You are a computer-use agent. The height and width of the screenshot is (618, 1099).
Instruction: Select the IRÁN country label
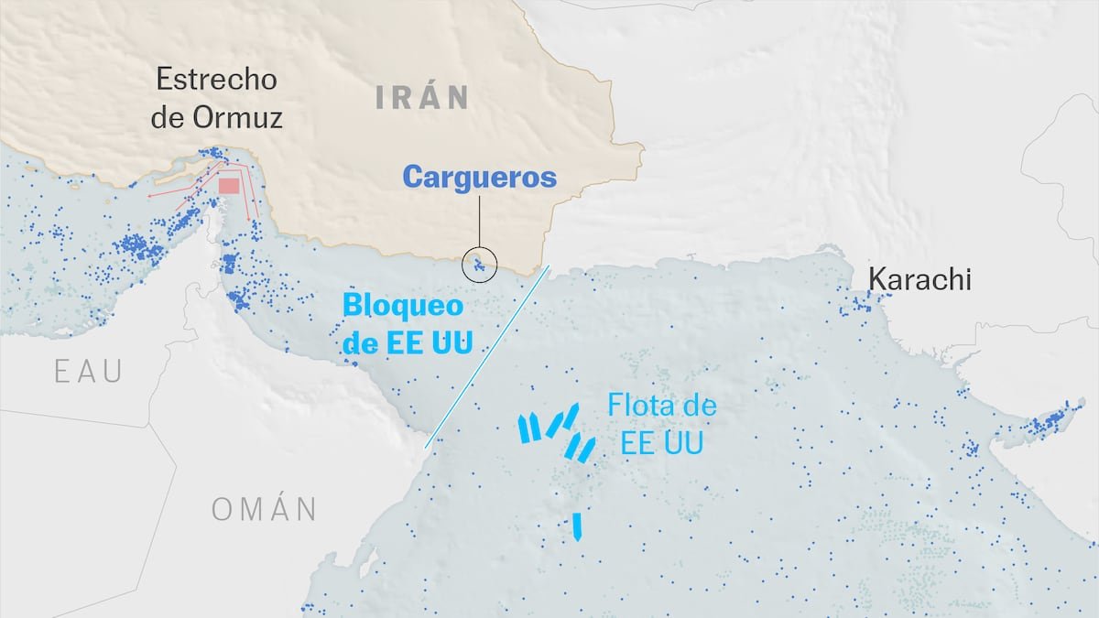coord(422,97)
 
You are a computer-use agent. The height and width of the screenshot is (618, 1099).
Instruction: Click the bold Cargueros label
coord(480,177)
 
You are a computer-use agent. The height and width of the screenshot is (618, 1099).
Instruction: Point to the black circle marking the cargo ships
coord(480,265)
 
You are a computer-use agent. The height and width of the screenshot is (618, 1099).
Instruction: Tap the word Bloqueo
coord(403,306)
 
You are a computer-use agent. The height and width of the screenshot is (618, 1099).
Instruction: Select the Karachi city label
coord(919,279)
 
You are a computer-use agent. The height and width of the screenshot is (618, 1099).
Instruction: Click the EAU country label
coord(88,371)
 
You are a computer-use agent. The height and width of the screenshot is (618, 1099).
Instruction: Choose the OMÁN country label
coord(264,509)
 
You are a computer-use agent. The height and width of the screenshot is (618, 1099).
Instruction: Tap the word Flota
coord(638,406)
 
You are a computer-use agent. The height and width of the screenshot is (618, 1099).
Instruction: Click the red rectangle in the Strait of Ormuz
coord(229,187)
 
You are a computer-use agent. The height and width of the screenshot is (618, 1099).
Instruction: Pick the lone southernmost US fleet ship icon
coord(577,526)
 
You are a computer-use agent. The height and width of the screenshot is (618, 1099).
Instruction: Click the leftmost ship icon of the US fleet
coord(526,428)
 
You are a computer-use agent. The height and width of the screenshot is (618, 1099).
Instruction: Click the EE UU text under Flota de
coord(661,444)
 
